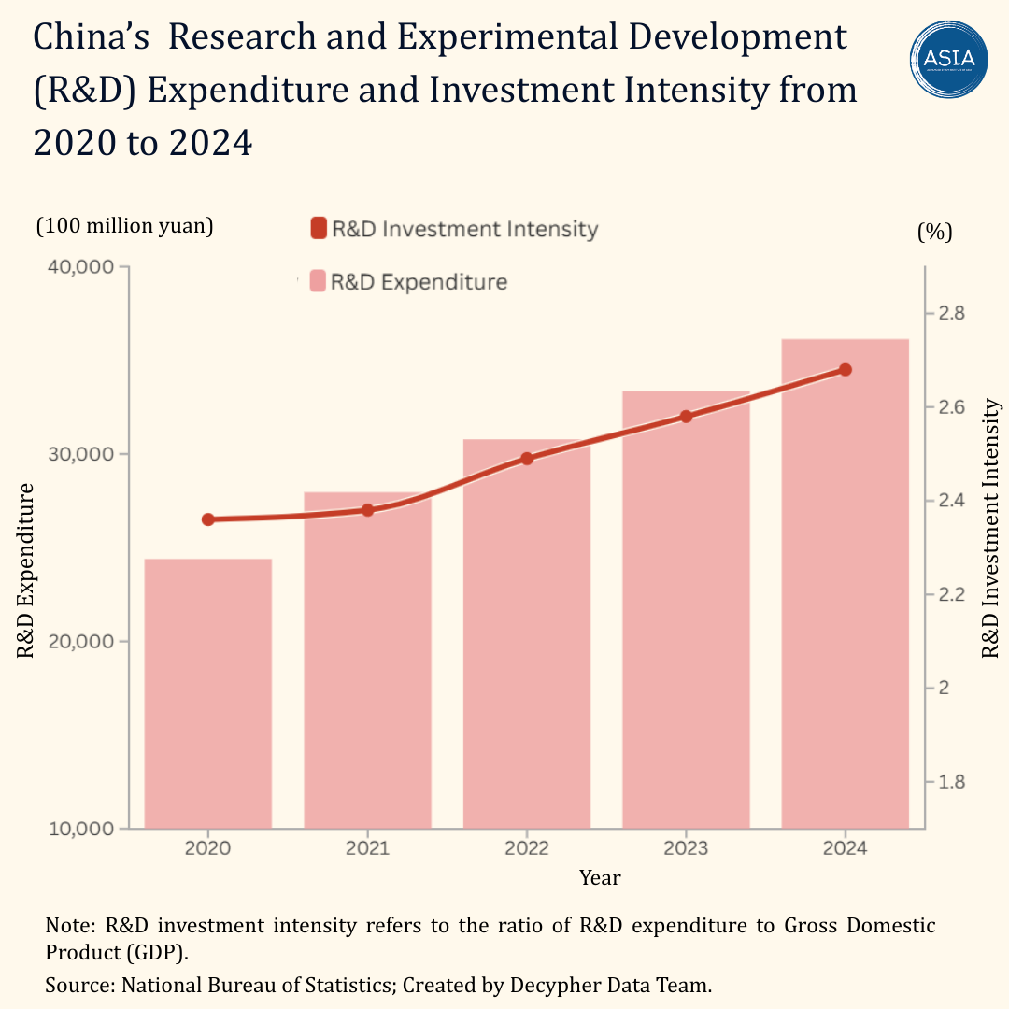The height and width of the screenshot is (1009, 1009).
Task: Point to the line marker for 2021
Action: coord(367,510)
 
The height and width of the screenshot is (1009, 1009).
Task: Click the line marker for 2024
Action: coord(845,370)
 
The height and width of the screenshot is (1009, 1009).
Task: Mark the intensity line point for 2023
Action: coord(686,417)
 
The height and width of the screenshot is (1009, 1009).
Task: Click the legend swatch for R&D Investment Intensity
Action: coord(319,229)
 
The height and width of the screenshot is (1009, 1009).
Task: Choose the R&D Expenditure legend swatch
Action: coord(319,281)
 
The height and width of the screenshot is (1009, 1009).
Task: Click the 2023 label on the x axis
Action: coord(686,848)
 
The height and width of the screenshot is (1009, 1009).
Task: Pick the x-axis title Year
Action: coord(600,878)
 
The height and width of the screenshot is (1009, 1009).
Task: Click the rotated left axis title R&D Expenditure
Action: coord(26,571)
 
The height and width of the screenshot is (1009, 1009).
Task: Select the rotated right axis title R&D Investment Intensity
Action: coord(991,529)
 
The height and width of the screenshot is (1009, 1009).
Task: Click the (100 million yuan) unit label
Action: coord(124,226)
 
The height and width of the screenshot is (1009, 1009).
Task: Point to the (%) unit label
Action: coord(934,233)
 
